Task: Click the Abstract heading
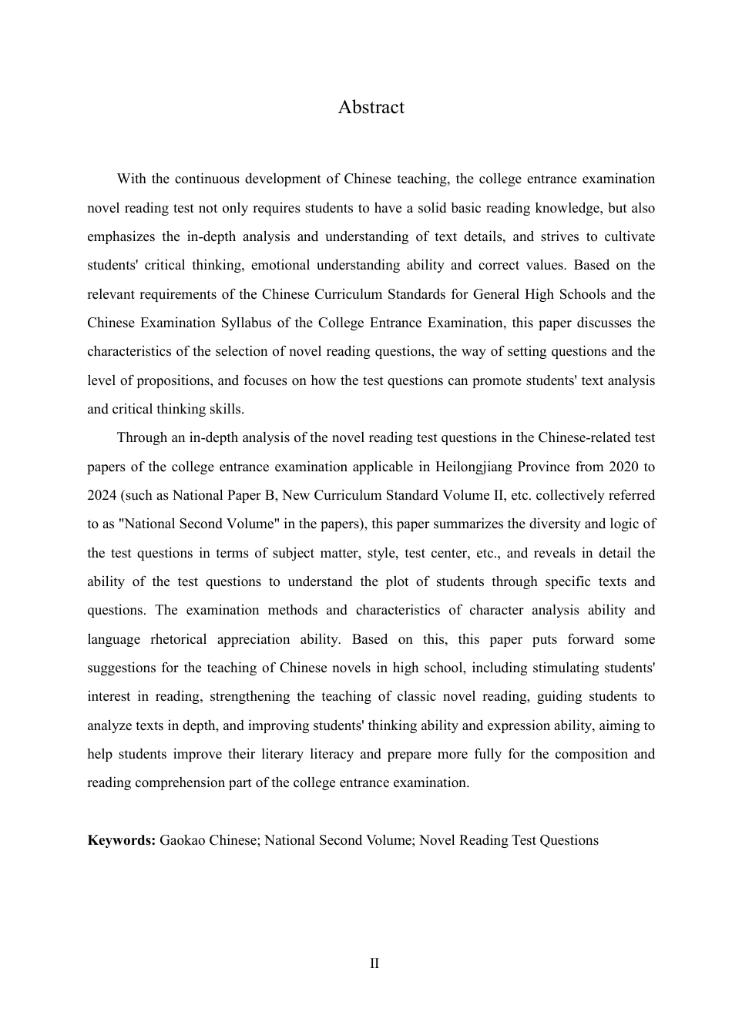tap(371, 107)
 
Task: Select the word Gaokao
tap(183, 840)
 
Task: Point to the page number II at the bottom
tap(374, 963)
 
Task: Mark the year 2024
tap(102, 495)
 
